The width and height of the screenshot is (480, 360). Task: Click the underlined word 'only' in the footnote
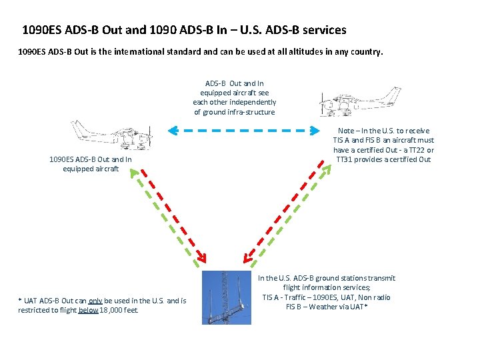(x=96, y=301)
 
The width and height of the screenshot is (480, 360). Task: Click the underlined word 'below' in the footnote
(x=88, y=310)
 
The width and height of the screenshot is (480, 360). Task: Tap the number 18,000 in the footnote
(x=111, y=310)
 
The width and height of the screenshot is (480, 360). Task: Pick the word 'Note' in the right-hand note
(x=346, y=131)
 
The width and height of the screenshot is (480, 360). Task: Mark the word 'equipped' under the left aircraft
(x=77, y=169)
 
